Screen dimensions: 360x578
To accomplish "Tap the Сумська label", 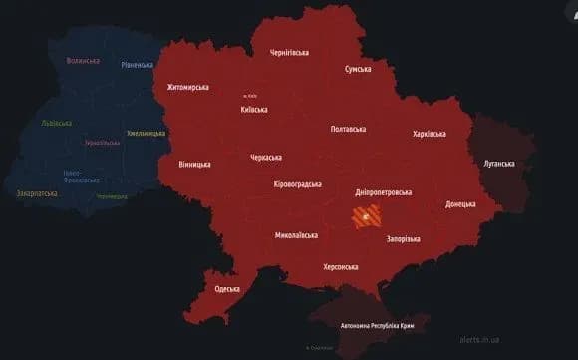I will (358, 69).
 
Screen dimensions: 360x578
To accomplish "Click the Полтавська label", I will (347, 129).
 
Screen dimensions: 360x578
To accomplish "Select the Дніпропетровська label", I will (385, 191).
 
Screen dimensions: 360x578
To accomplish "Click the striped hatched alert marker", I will (365, 217).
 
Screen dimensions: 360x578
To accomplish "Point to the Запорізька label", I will (403, 239).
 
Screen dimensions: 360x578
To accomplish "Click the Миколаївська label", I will (296, 235).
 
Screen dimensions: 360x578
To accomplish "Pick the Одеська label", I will (227, 288).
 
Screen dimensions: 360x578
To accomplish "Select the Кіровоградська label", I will (297, 184).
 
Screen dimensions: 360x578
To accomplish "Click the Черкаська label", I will (266, 157).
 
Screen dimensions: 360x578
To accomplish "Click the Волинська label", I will (83, 60).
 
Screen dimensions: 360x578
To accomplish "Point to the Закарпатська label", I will (37, 193).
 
